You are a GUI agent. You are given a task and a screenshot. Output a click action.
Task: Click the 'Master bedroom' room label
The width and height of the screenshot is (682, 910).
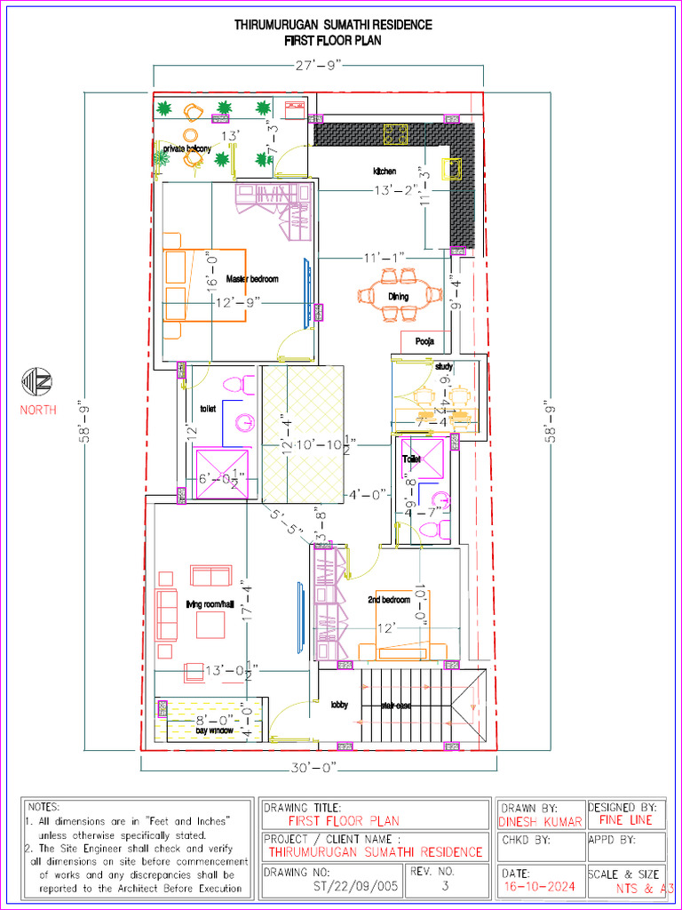[x=251, y=279]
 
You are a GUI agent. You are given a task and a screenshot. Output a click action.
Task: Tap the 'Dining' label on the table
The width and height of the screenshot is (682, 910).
[x=398, y=296]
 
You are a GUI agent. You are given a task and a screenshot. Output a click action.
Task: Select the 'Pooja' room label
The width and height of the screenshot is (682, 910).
[x=424, y=341]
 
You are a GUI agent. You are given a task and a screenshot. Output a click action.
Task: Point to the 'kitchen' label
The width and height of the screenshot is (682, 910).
[x=385, y=171]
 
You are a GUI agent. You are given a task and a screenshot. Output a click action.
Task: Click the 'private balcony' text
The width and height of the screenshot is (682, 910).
[x=186, y=149]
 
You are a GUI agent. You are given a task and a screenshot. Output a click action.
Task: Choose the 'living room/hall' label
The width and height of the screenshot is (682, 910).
[x=210, y=604]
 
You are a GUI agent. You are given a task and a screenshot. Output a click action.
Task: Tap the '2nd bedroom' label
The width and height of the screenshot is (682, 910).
[x=389, y=600]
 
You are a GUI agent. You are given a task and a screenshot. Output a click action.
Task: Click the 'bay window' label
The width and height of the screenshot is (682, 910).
[x=214, y=730]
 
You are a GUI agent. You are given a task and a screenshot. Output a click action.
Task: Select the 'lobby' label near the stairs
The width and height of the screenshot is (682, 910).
[x=339, y=705]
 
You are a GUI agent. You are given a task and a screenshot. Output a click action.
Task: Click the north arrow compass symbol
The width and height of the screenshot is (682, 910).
[x=37, y=383]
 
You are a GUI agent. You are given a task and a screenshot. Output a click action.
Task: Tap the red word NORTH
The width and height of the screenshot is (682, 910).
[x=38, y=410]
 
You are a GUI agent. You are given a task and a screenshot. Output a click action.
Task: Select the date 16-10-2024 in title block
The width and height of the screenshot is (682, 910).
[x=538, y=887]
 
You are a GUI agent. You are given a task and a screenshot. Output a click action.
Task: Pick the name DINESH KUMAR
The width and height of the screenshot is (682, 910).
[x=540, y=822]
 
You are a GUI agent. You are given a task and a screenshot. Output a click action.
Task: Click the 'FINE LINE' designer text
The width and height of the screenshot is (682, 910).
[x=625, y=820]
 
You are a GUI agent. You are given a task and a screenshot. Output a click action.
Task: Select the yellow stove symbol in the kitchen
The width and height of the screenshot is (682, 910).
[x=395, y=134]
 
